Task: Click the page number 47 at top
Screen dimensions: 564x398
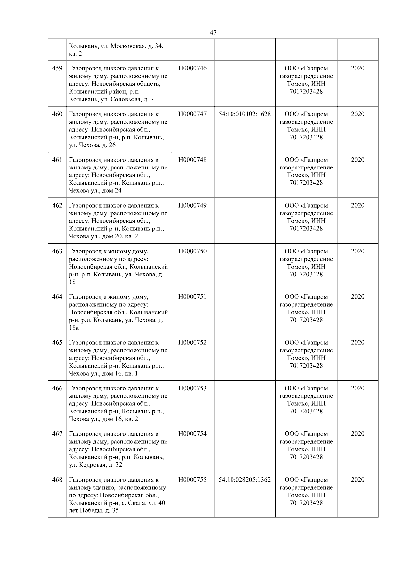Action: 213,33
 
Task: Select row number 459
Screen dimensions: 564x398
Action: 57,68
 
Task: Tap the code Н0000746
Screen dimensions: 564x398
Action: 192,68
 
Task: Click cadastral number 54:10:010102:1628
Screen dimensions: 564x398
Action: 244,114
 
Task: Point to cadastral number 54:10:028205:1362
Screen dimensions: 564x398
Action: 244,480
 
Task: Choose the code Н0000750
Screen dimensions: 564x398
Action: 192,251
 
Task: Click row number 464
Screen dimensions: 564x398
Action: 57,297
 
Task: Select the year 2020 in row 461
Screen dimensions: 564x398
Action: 357,160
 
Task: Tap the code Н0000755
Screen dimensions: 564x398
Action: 192,480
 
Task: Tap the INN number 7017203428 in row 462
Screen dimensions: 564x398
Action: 306,228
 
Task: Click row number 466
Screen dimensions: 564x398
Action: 57,388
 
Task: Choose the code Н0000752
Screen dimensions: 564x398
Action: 192,343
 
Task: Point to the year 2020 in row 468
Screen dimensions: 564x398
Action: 357,480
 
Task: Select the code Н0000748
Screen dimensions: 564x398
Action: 192,160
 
